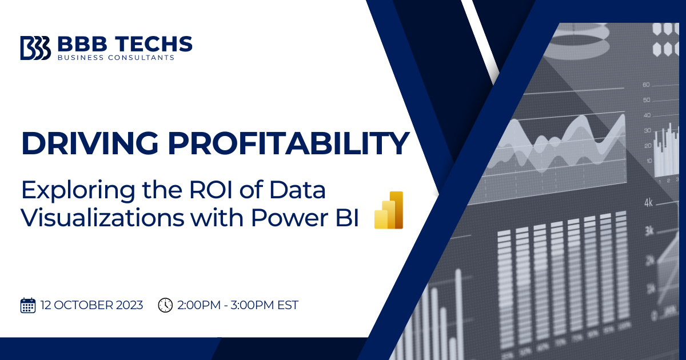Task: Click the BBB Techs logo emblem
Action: click(x=35, y=47)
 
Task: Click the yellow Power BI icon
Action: click(x=389, y=210)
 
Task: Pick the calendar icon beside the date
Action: click(x=27, y=305)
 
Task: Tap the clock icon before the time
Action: click(x=165, y=305)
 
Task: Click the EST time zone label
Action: click(x=285, y=305)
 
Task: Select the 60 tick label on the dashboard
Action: click(x=647, y=85)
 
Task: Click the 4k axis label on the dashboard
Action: click(x=649, y=202)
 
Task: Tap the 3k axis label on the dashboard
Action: click(x=649, y=230)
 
